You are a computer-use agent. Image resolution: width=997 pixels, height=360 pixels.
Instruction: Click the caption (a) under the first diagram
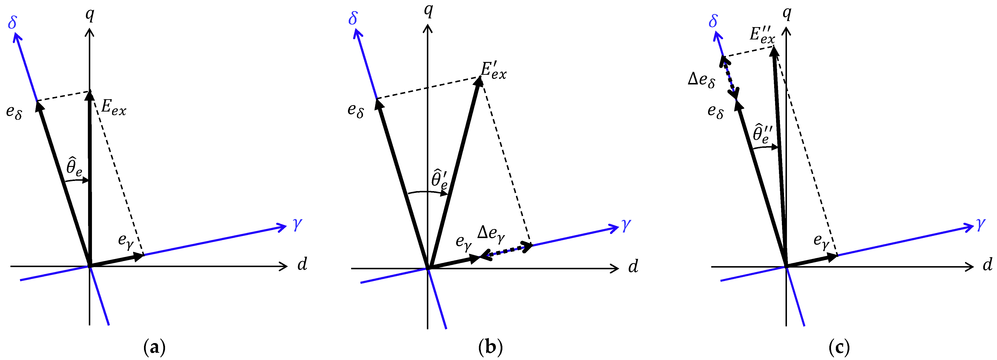(154, 347)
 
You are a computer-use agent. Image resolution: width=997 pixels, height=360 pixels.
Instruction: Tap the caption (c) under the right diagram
(839, 347)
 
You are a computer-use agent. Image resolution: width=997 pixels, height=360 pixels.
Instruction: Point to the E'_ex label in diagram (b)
(493, 71)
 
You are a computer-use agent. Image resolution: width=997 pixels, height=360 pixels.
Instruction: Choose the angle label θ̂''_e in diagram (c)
(763, 134)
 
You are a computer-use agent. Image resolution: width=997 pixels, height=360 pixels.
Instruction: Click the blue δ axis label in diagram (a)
(12, 22)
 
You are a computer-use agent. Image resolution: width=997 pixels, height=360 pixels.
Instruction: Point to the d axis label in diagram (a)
(302, 264)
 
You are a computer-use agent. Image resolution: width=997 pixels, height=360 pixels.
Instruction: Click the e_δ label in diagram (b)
(355, 110)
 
